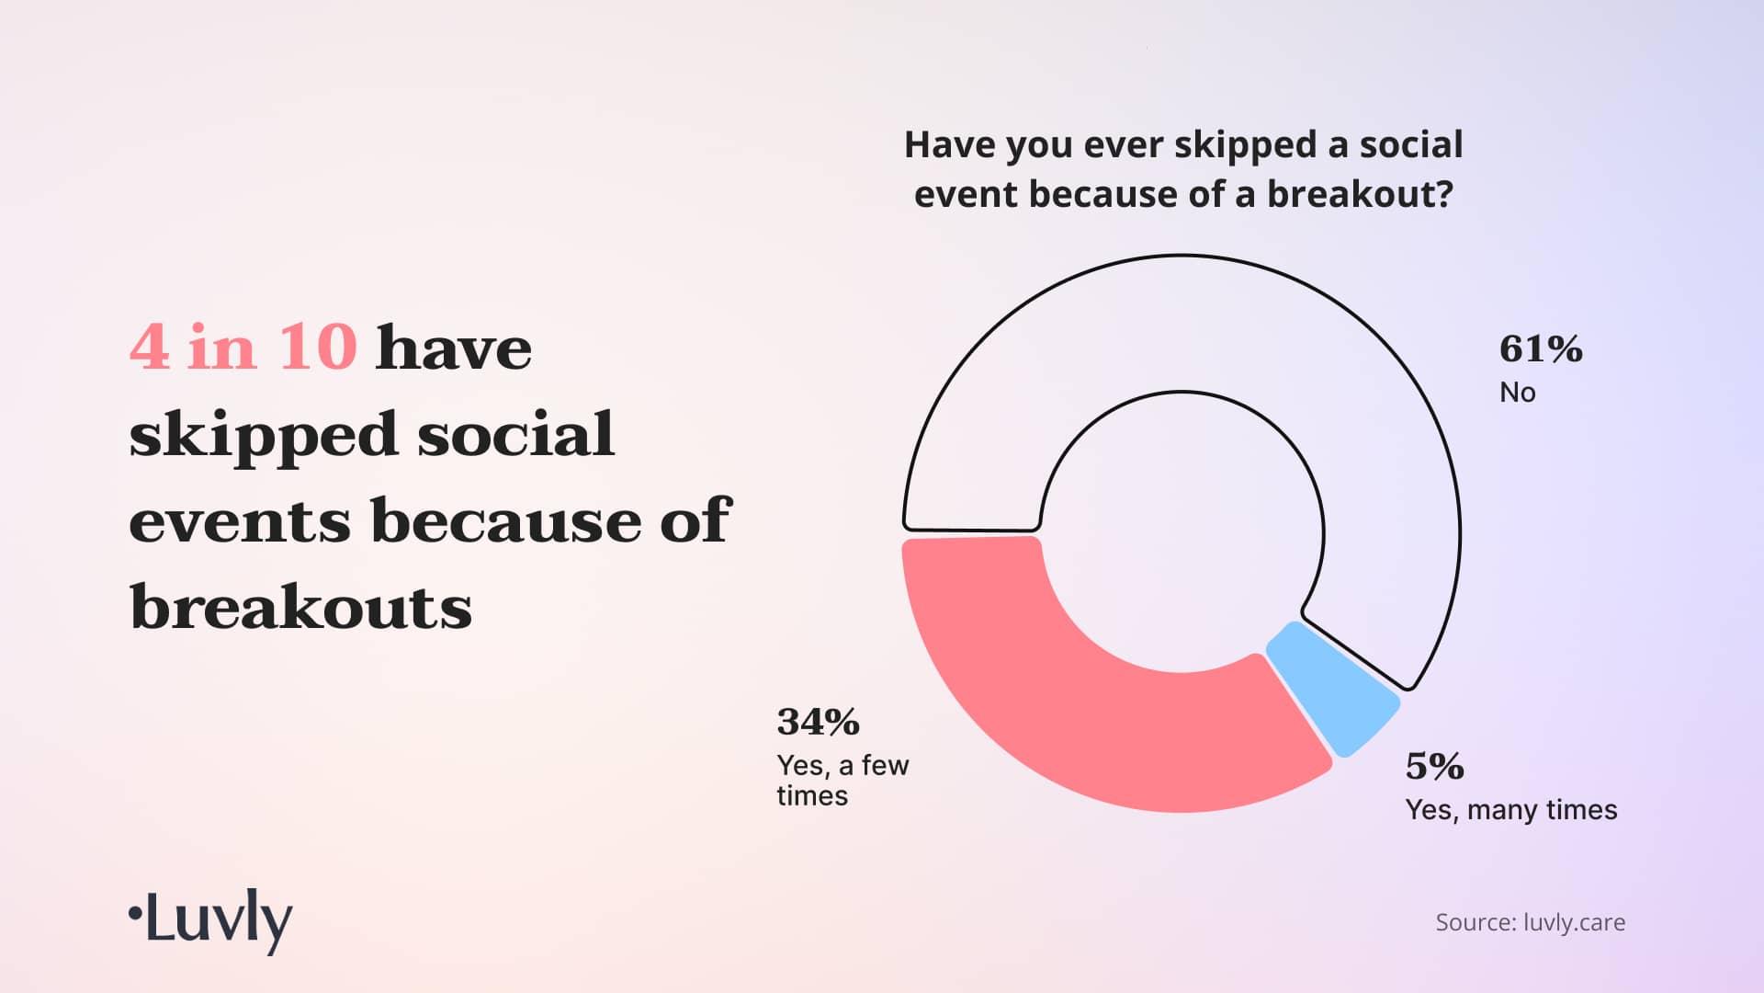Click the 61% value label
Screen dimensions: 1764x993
click(1541, 349)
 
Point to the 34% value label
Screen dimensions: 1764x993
click(818, 722)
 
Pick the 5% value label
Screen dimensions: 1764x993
click(1434, 766)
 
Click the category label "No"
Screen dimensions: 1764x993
click(1518, 393)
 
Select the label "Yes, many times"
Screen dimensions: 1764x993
click(1511, 810)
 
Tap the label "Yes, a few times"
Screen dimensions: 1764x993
click(842, 781)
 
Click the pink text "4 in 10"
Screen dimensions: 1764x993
click(243, 348)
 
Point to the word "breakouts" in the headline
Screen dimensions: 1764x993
click(301, 607)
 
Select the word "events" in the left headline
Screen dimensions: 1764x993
click(240, 521)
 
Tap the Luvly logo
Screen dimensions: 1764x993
click(210, 920)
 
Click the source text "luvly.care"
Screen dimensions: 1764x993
click(1575, 923)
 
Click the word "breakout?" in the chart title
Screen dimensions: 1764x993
click(1360, 194)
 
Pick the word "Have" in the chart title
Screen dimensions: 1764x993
click(944, 145)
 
